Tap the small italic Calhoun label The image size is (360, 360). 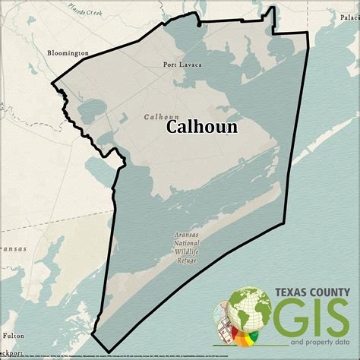(x=161, y=116)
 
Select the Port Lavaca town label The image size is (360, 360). (x=182, y=65)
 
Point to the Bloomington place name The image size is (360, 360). (x=68, y=53)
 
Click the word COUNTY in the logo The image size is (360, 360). (x=328, y=292)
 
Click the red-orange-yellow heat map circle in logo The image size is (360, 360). (x=248, y=339)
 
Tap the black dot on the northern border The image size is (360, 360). (x=199, y=24)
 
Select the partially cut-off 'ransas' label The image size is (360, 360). (x=13, y=248)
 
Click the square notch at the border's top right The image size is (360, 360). (x=272, y=13)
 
